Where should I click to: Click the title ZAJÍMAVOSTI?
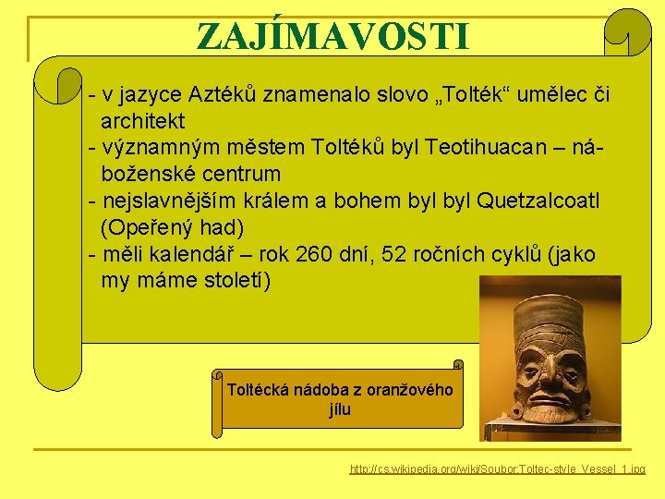[332, 36]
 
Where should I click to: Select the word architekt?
[143, 121]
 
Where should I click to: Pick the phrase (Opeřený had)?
[170, 227]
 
